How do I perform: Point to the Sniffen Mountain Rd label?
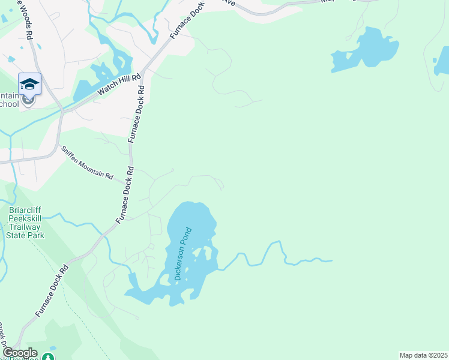(87, 162)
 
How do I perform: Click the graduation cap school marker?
(29, 85)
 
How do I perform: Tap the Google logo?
(19, 353)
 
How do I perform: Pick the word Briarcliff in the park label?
(25, 210)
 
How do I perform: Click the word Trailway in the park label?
(25, 227)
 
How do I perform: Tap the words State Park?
(25, 235)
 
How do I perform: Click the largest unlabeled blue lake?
(367, 49)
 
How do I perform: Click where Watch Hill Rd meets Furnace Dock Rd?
(144, 67)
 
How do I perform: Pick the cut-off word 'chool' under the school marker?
(10, 104)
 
